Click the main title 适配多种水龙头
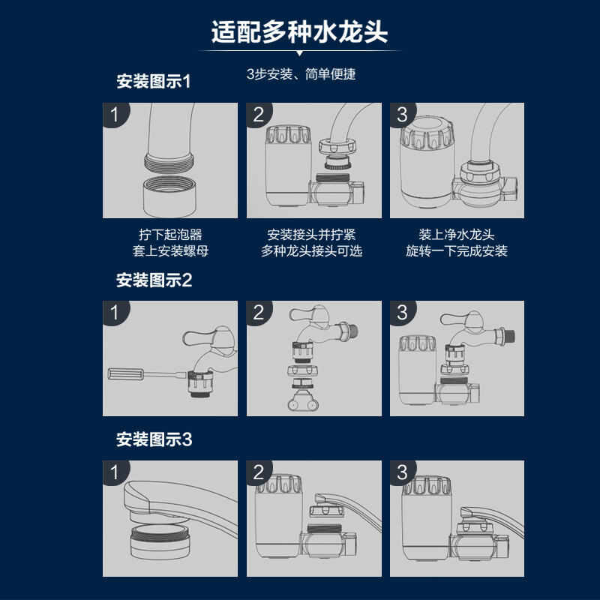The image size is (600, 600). coord(300,32)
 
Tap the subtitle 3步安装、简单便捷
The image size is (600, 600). coord(301,74)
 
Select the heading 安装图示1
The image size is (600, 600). coord(154,81)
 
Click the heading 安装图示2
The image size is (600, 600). coord(154,280)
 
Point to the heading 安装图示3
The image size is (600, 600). coord(154,439)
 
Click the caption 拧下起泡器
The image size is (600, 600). coord(170,235)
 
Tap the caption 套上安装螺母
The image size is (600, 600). coord(170,251)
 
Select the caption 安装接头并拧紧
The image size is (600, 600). coord(312,235)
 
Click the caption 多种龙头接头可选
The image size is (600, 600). coord(312,251)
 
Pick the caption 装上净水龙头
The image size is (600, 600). coord(457,235)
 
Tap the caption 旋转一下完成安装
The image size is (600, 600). coord(457,251)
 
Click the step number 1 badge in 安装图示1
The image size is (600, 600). coord(115,115)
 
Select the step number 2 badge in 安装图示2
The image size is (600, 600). coord(259,313)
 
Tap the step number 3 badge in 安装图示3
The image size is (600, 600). coord(403,472)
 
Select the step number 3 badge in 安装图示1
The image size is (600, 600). coord(403,115)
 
